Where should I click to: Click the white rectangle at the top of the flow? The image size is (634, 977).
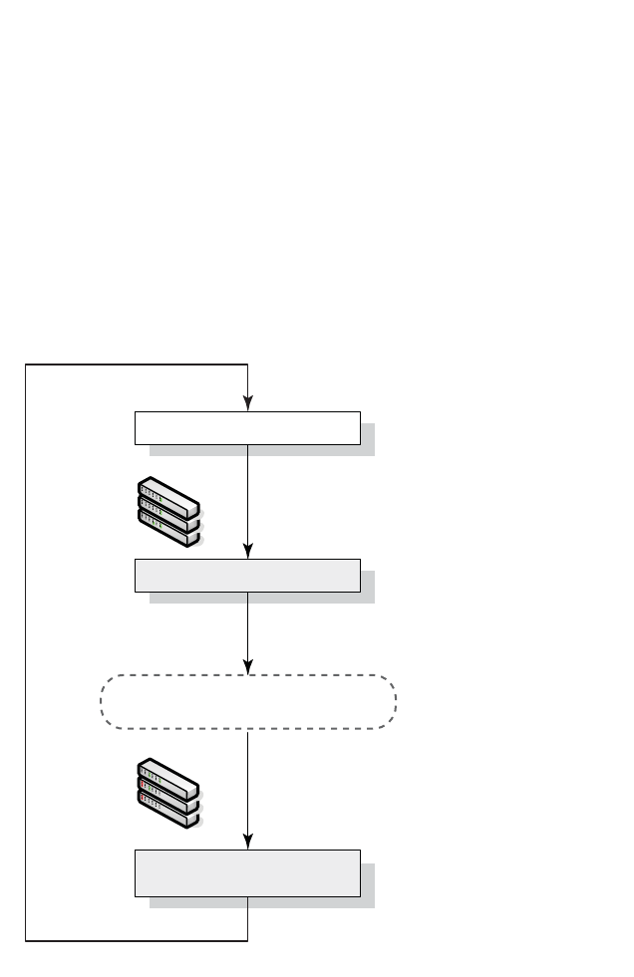tap(246, 427)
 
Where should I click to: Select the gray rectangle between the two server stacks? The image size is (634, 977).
tap(246, 576)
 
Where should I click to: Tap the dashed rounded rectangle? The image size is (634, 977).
tap(248, 702)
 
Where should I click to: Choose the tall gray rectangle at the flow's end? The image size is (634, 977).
tap(246, 873)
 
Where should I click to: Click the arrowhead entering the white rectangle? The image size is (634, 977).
tap(247, 403)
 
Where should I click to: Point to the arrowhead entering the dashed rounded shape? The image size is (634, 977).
tap(247, 667)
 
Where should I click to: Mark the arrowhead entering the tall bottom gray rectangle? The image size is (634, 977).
tap(247, 843)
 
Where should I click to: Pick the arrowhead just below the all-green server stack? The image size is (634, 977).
tap(247, 552)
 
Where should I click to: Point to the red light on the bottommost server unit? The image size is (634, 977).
tap(144, 799)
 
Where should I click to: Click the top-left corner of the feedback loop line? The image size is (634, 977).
tap(26, 366)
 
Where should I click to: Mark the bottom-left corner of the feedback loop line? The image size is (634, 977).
tap(26, 939)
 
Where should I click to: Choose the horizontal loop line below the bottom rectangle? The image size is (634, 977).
tap(137, 939)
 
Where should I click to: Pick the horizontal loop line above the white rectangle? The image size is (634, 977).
tap(137, 366)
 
